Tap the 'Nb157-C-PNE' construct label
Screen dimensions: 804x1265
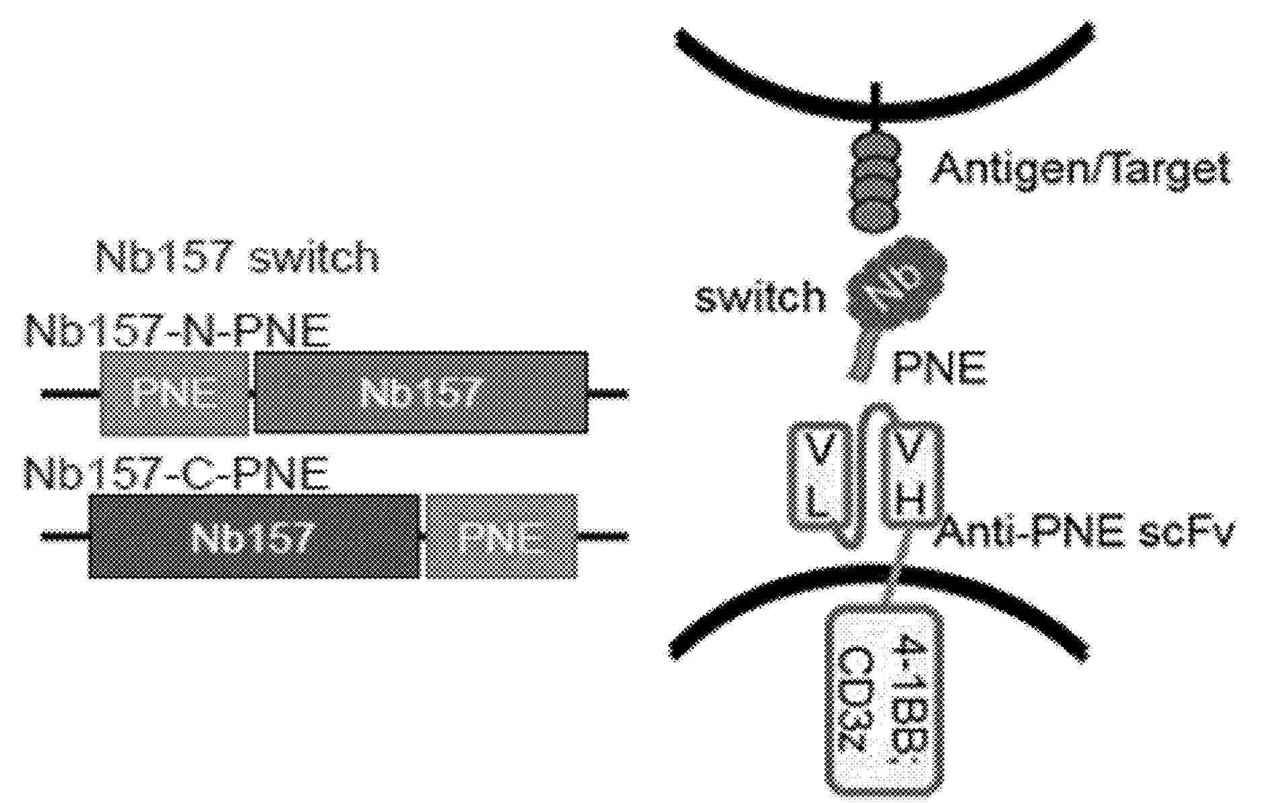(x=176, y=474)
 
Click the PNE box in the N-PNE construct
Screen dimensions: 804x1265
(x=174, y=393)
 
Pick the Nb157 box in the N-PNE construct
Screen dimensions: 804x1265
(x=420, y=393)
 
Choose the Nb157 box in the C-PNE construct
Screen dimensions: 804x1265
(x=254, y=536)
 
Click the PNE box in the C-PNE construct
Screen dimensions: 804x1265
(x=502, y=536)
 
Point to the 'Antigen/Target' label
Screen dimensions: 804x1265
(x=1080, y=168)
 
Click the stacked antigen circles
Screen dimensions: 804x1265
(x=875, y=183)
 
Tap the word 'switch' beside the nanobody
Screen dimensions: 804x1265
(x=760, y=297)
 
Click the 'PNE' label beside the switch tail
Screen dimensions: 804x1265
(x=939, y=367)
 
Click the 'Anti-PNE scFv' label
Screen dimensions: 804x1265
(x=1084, y=534)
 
